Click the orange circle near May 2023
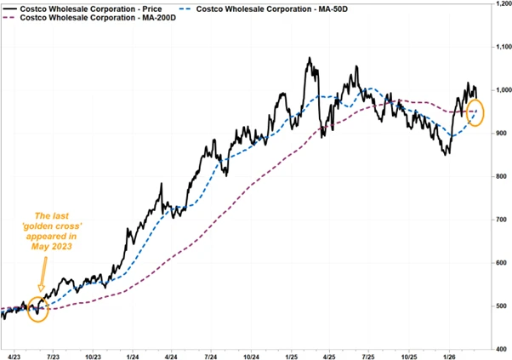pos(38,310)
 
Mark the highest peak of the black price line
pos(310,59)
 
